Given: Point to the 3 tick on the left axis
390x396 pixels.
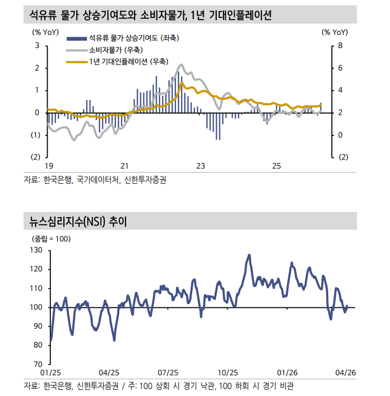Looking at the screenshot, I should point(37,46).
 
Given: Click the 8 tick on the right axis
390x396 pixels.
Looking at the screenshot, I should point(340,46).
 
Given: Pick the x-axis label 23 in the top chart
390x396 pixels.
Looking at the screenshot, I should point(200,166).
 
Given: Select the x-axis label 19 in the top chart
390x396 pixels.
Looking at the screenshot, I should point(48,166).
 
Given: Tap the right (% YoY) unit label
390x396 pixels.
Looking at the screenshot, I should point(335,32).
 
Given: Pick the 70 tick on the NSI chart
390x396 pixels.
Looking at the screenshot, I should point(38,364).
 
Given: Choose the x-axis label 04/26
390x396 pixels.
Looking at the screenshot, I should point(345,372).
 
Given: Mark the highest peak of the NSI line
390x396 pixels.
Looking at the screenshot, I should point(249,255).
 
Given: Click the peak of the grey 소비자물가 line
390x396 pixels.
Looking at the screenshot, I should point(182,65).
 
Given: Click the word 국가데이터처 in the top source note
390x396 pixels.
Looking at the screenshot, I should point(97,179).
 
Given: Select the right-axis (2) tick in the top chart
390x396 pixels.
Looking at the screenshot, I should point(343,157).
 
